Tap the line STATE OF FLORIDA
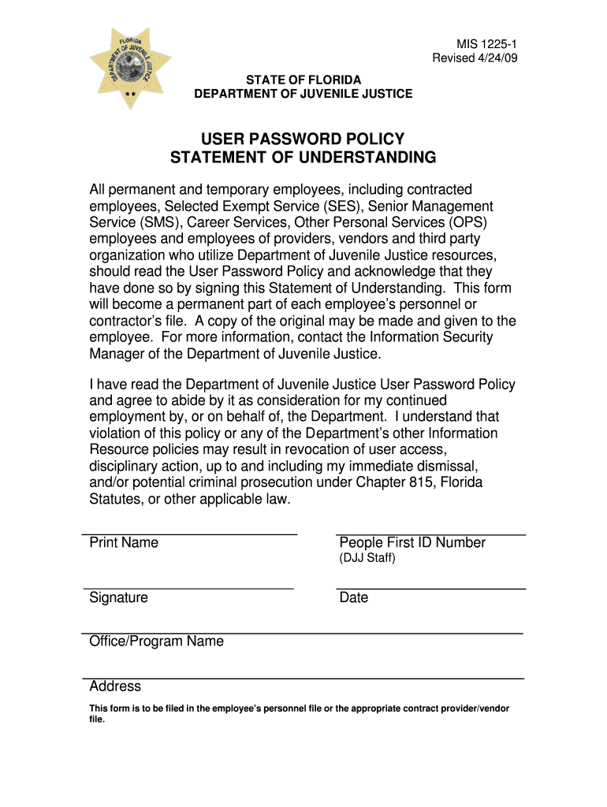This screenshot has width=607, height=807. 303,80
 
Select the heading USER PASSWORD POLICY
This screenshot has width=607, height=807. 303,139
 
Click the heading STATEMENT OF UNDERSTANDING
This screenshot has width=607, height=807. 303,158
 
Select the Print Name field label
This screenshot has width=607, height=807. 124,543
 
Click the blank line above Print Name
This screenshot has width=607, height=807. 189,534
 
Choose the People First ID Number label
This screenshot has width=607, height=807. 412,543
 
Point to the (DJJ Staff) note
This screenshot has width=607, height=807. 367,559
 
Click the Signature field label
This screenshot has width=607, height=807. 119,598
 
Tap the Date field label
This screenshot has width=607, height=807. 354,598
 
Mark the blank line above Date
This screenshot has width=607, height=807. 430,589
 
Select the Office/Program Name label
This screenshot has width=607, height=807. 157,642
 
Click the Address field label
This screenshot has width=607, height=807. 115,686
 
